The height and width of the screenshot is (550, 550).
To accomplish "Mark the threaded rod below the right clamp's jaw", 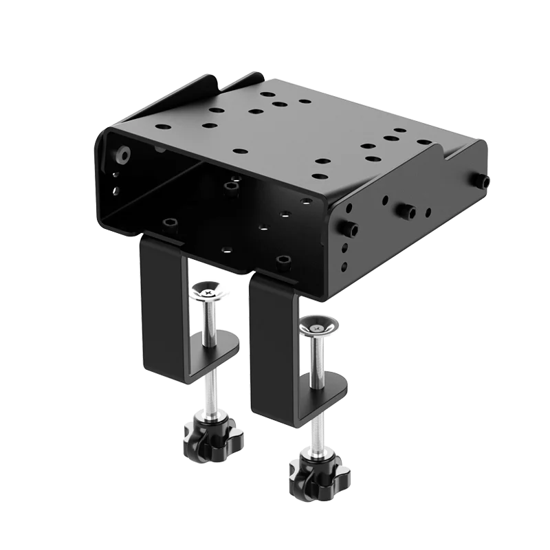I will pyautogui.click(x=316, y=426).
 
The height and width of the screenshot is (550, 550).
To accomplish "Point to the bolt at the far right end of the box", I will pyautogui.click(x=485, y=181).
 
